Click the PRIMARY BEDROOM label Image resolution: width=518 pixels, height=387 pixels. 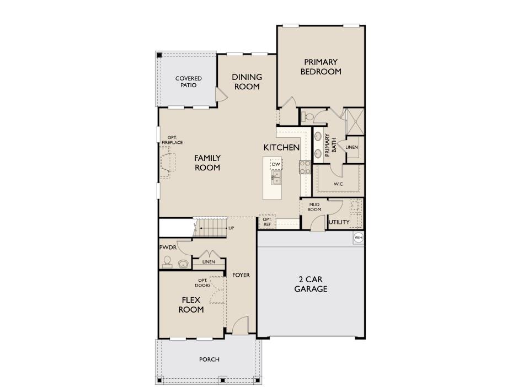pos(321,67)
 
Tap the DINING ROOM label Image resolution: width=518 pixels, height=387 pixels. pos(247,82)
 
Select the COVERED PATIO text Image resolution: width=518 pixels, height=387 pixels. pos(189,82)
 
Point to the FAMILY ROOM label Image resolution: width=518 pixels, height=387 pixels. pos(207,163)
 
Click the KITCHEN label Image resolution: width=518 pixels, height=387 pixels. pos(281,147)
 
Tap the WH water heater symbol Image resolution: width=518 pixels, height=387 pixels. pos(358,238)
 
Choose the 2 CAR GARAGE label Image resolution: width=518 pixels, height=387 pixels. pos(311,284)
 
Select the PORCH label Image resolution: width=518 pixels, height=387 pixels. pos(209,359)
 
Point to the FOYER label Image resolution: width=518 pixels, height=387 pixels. pos(241,275)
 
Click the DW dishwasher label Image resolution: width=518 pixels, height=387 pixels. pos(275,164)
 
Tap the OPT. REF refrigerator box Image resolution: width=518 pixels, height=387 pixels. pos(267,221)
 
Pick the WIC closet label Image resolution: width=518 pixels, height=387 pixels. pos(338,184)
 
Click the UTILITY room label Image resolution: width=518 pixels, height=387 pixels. pos(339,222)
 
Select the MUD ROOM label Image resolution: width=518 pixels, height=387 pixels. pos(314,207)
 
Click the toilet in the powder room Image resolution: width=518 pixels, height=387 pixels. pos(167,262)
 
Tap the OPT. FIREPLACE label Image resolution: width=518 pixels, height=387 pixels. pos(172,140)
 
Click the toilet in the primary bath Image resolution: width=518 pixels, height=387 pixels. pos(308,116)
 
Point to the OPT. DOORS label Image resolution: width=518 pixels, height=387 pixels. pos(202,283)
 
